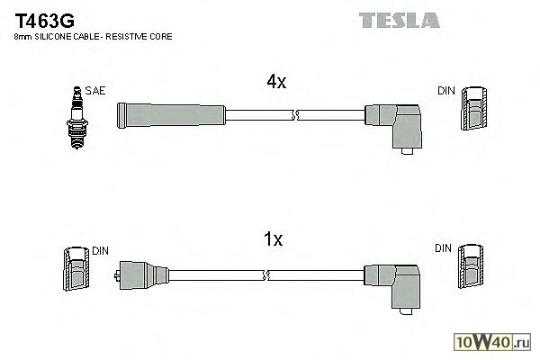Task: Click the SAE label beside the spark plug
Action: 94,91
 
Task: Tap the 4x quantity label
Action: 276,82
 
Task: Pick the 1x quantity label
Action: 274,239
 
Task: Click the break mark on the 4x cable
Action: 295,115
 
